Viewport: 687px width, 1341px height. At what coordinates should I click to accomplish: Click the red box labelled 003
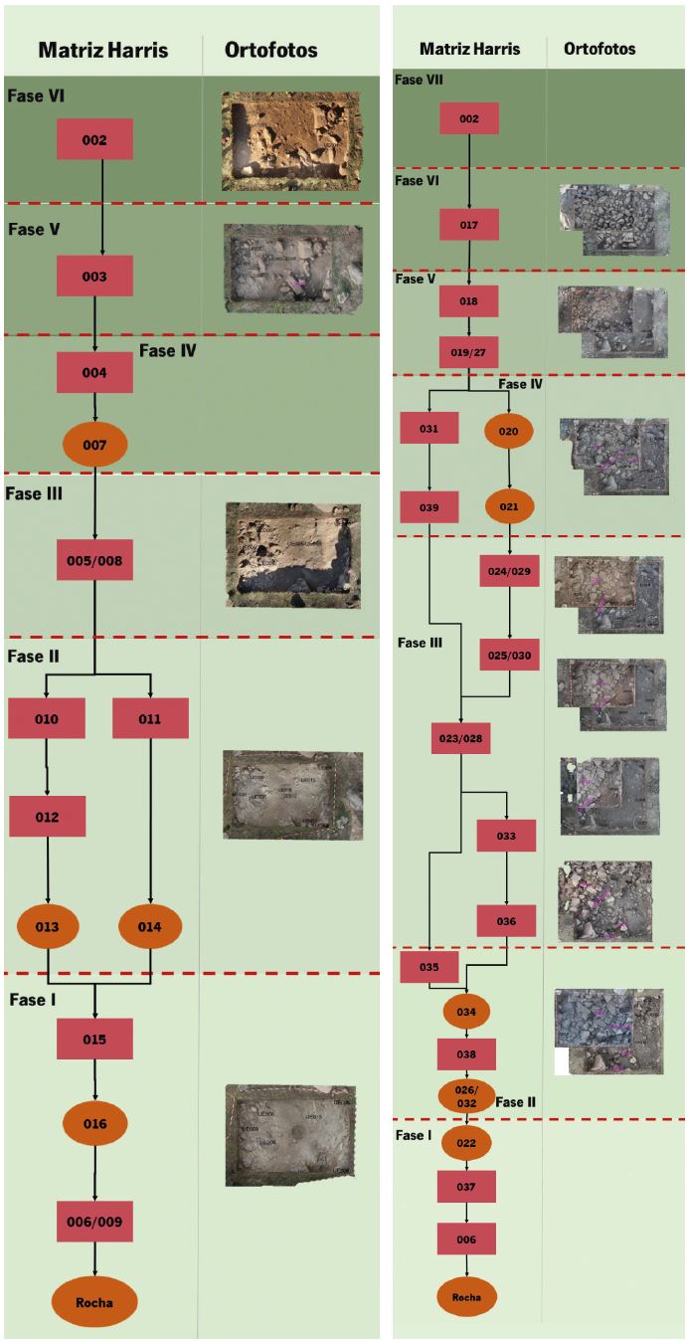[94, 277]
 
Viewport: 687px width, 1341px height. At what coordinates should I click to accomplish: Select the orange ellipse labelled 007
[94, 445]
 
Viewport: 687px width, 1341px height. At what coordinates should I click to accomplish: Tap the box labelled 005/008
[94, 560]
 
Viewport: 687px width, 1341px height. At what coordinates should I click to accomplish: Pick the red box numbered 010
[47, 718]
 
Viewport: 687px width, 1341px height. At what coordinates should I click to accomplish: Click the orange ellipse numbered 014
[150, 927]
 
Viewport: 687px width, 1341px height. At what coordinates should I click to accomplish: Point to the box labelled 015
[94, 1040]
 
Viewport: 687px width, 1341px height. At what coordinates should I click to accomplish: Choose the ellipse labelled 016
[94, 1124]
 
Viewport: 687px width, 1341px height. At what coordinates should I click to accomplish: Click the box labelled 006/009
[94, 1221]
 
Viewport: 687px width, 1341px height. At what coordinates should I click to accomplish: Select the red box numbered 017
[469, 225]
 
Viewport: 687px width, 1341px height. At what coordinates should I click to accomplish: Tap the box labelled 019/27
[467, 351]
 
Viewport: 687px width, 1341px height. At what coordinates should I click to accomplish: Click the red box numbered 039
[428, 506]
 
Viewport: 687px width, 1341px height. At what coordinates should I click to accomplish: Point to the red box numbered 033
[506, 836]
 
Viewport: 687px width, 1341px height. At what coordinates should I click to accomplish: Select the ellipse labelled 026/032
[466, 1096]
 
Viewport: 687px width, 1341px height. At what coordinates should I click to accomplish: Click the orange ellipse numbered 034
[466, 1012]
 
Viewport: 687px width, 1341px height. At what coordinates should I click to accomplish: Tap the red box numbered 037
[466, 1186]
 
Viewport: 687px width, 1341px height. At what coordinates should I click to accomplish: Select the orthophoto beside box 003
[288, 263]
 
